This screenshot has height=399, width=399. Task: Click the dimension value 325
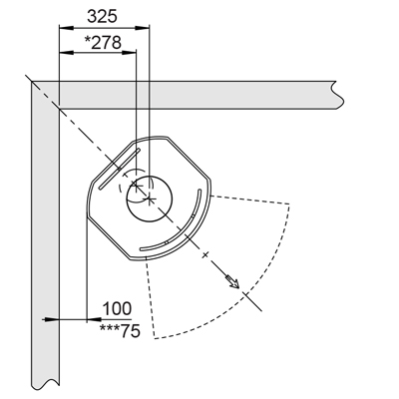(x=102, y=16)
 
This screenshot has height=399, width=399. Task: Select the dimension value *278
(x=103, y=43)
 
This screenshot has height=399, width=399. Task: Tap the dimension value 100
(x=117, y=308)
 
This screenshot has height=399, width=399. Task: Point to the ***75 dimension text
(x=120, y=331)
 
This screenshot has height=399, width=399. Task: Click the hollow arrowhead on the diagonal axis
(x=233, y=282)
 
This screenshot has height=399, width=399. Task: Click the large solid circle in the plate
(x=149, y=199)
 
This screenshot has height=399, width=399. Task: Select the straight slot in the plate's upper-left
(x=119, y=170)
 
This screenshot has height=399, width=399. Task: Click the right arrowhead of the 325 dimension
(x=143, y=28)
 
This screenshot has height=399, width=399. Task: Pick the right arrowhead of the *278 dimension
(x=129, y=52)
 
